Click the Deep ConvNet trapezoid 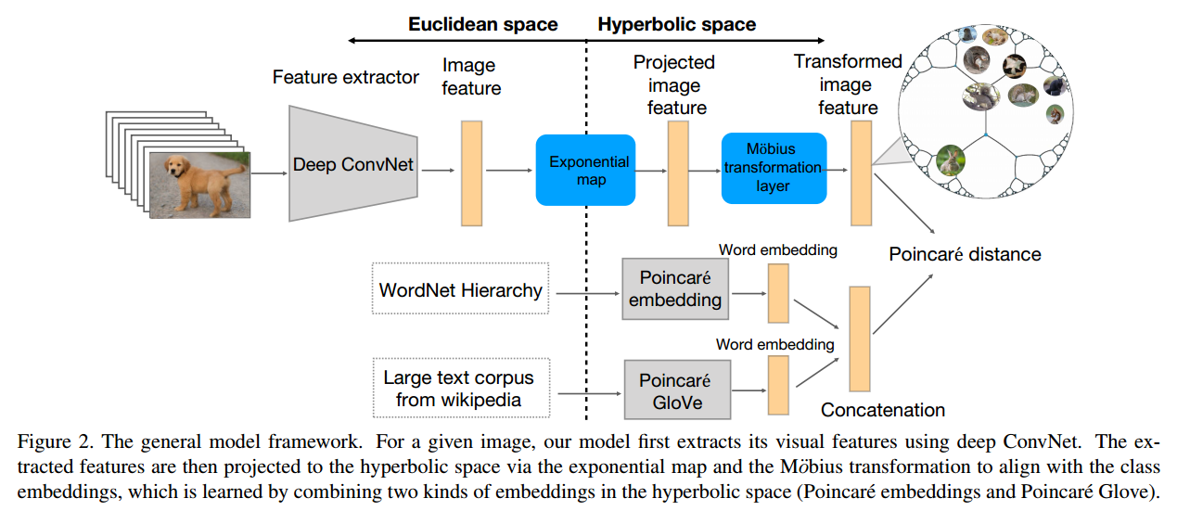tap(353, 165)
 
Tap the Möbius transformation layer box tap(773, 168)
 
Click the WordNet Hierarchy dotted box tap(460, 290)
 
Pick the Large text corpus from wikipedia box tap(459, 390)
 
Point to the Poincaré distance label tap(965, 254)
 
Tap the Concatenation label tap(883, 410)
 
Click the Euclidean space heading tap(483, 24)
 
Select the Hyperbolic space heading tap(676, 24)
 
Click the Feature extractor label tap(345, 77)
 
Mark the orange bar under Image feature tap(472, 173)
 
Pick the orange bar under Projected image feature tap(678, 173)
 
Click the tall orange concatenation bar tap(860, 339)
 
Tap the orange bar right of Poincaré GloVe tap(777, 384)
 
